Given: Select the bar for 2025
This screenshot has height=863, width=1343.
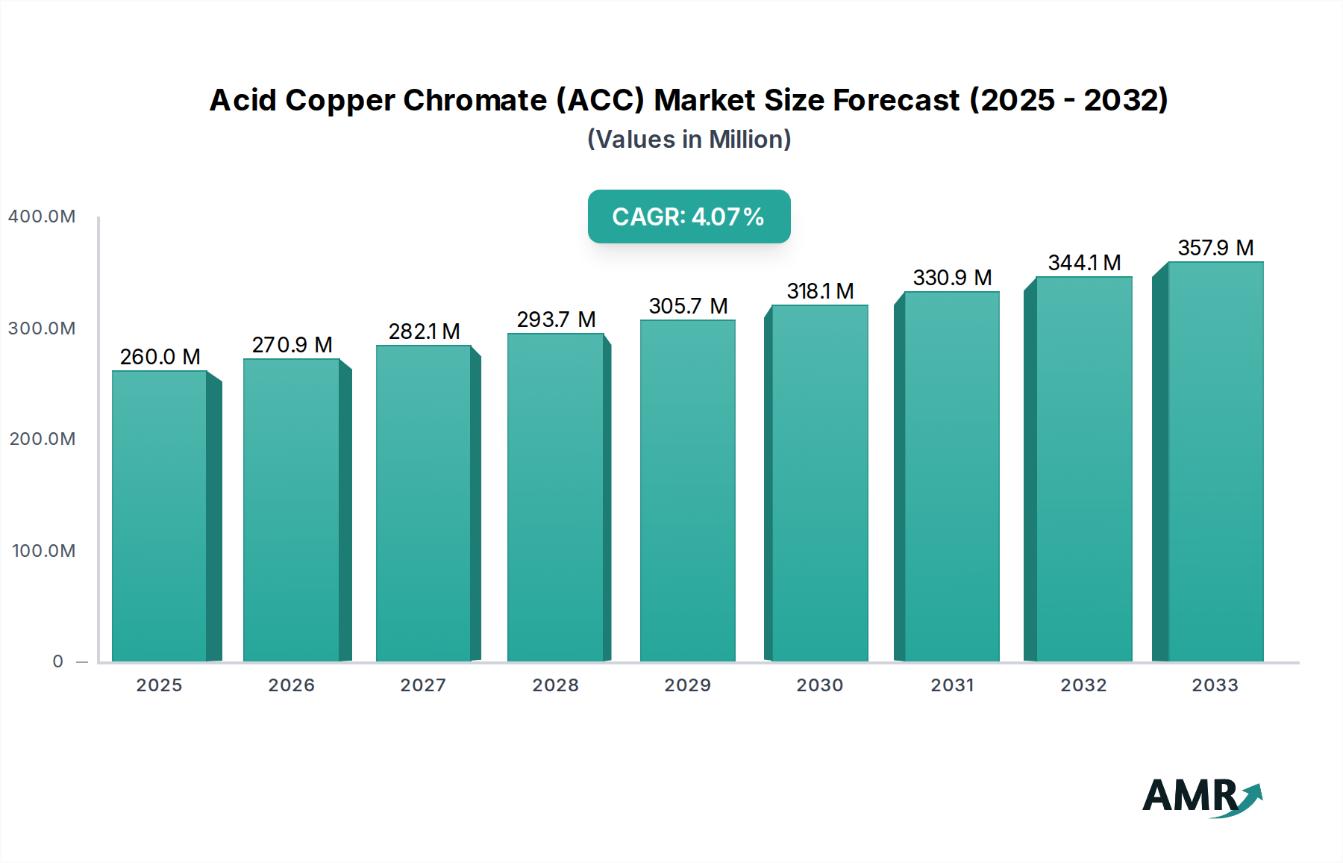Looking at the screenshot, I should [160, 515].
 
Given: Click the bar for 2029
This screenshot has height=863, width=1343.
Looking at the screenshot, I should [687, 490].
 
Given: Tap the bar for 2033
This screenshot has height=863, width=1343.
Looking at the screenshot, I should [1215, 461].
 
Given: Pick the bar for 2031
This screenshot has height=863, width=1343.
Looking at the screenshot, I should [951, 476].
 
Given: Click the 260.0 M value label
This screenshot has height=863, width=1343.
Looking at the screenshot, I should [160, 357].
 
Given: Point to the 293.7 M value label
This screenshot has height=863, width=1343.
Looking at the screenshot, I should [556, 320].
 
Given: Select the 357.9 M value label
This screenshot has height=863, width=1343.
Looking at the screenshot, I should [1215, 248].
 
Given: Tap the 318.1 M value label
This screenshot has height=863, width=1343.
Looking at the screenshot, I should [820, 291].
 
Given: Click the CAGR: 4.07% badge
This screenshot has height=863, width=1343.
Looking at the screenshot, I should [689, 216].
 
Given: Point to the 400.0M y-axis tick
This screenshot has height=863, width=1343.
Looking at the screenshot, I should [42, 216].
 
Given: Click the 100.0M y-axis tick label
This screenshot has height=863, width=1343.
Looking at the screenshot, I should [43, 551].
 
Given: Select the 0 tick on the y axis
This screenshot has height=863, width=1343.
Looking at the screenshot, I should [57, 661].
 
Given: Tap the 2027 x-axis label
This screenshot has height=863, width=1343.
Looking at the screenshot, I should [423, 685].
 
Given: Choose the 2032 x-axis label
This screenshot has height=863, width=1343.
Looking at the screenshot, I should [1083, 685].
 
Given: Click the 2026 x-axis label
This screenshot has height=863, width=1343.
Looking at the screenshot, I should [291, 685].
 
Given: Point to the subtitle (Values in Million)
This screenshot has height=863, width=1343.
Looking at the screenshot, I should [689, 140].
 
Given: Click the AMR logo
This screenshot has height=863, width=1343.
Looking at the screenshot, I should [1201, 797].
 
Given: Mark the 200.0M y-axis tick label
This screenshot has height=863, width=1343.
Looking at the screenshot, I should [43, 439].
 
